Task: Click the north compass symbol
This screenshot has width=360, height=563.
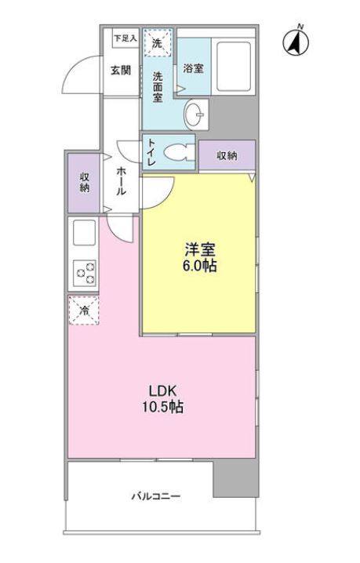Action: click(296, 42)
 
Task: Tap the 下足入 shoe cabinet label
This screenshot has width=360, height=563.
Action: click(125, 38)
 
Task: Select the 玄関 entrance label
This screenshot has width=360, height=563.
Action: click(120, 70)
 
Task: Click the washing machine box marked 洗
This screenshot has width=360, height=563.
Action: click(158, 42)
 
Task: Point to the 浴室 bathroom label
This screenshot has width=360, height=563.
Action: click(193, 68)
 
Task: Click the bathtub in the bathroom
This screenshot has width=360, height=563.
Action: click(233, 67)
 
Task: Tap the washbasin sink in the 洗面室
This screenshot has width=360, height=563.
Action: click(195, 114)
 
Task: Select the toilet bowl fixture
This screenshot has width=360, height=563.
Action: click(179, 153)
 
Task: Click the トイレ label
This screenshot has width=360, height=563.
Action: click(151, 152)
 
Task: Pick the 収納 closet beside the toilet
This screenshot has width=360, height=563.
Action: click(227, 155)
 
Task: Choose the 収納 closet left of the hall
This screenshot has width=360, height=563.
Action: click(84, 183)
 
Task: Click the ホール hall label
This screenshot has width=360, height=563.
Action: click(121, 181)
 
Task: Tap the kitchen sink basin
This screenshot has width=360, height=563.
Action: click(85, 232)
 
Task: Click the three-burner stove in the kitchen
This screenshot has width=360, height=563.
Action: click(85, 273)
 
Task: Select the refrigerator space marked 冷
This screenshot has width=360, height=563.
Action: click(84, 311)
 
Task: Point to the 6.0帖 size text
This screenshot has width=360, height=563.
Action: click(200, 266)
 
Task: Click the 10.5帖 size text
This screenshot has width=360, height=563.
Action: click(163, 407)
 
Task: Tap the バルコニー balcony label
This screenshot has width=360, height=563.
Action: click(155, 496)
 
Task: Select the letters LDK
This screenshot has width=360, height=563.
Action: click(163, 390)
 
